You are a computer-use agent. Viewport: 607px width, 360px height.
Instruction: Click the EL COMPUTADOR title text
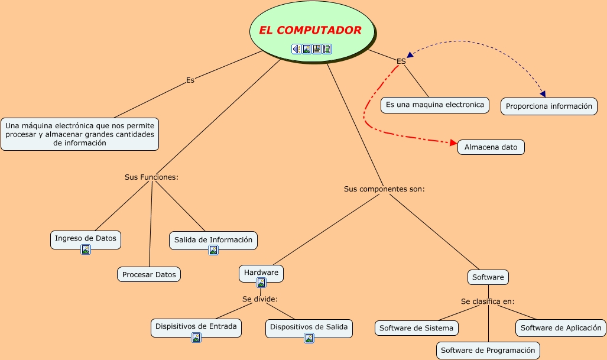310,30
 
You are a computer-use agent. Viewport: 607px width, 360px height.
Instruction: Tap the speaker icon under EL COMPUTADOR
296,49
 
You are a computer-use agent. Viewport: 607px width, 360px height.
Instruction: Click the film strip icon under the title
327,49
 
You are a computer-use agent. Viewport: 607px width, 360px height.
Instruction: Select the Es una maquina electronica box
434,105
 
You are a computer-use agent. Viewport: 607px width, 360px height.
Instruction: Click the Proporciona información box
548,107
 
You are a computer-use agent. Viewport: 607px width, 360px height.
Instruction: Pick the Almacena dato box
491,147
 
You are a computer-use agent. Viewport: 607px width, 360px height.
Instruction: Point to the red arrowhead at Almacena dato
453,143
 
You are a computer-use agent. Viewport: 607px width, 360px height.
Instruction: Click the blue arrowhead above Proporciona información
542,93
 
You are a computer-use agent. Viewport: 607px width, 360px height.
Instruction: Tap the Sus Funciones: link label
151,177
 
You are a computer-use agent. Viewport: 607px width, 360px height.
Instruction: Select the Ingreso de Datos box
86,238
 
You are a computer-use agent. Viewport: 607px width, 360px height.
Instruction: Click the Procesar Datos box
148,274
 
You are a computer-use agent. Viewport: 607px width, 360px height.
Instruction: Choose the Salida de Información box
213,239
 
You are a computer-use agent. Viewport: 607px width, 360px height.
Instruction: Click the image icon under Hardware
261,283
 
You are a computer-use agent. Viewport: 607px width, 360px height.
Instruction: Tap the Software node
488,277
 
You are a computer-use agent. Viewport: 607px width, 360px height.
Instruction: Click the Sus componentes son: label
384,189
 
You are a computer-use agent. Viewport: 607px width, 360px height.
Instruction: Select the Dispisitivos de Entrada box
196,326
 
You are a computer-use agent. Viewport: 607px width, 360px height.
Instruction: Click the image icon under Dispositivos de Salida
309,338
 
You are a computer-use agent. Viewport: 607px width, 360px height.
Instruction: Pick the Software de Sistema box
416,328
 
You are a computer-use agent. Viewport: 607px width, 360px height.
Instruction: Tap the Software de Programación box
488,351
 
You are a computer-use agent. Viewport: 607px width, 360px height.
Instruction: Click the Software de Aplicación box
560,327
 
